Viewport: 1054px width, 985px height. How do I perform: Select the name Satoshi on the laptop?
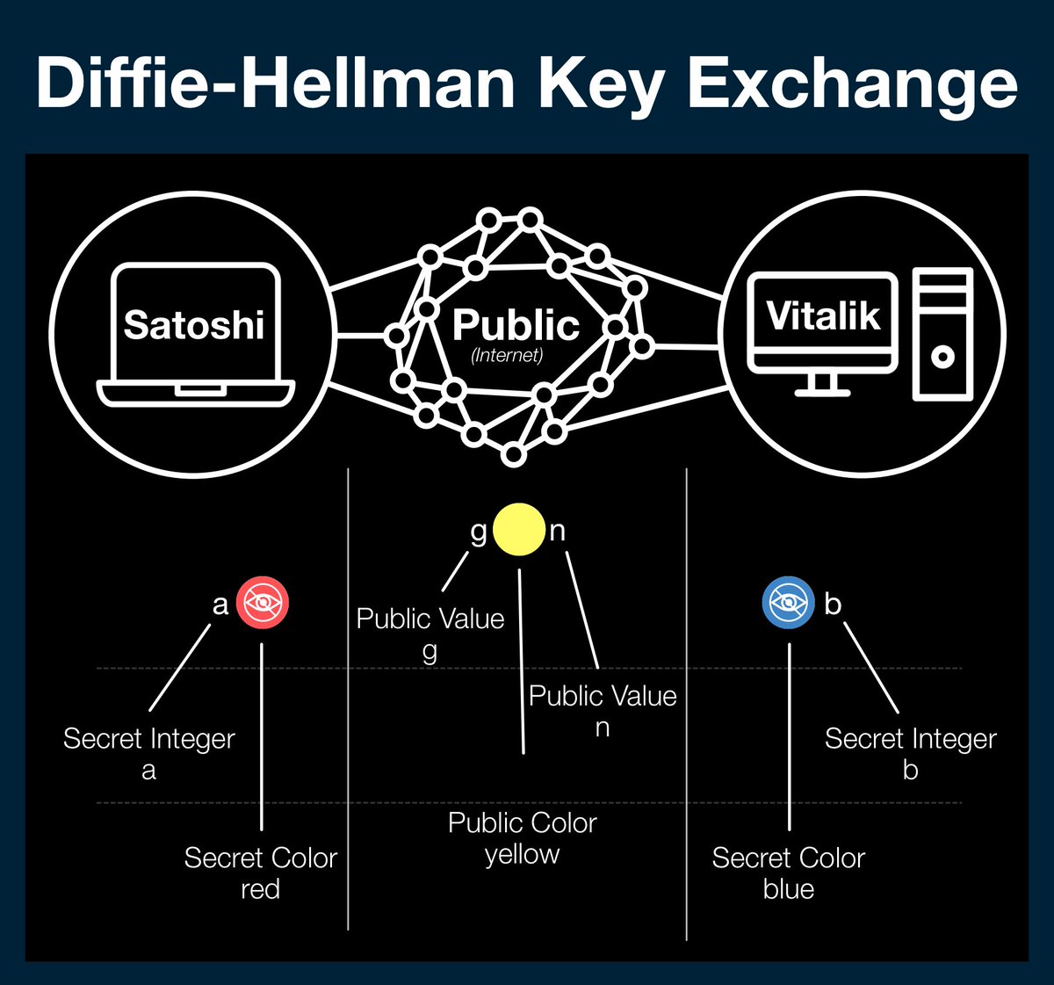[194, 324]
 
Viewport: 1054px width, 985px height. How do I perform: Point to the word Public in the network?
[516, 325]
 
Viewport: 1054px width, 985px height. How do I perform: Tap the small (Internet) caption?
[507, 356]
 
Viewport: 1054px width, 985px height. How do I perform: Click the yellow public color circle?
[519, 529]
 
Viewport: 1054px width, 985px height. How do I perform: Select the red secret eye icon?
[263, 604]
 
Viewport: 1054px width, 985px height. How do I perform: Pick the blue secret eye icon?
[788, 603]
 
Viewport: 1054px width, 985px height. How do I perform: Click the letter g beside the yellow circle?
[479, 532]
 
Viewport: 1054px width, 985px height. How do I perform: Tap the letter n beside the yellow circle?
[558, 531]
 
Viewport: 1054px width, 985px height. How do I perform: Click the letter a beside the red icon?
[220, 605]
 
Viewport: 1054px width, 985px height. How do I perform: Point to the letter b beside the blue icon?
[833, 604]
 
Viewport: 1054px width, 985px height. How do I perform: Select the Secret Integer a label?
[149, 753]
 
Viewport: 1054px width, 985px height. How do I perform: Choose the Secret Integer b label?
[910, 753]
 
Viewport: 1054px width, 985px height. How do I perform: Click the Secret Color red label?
[260, 873]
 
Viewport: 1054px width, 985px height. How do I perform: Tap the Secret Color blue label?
[789, 873]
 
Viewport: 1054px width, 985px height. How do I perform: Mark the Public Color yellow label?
[522, 837]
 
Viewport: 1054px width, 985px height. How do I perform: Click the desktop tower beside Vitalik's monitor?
[942, 334]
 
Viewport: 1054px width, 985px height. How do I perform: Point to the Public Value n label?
[603, 711]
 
